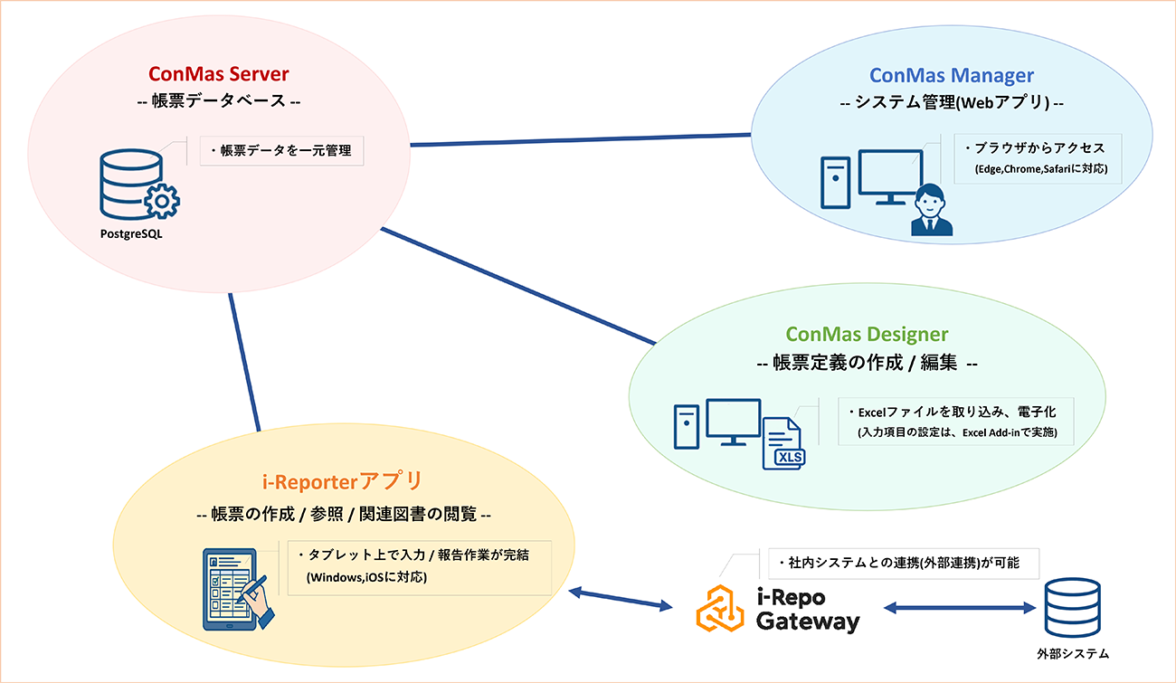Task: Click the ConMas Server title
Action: click(x=218, y=73)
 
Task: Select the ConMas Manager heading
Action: click(x=952, y=75)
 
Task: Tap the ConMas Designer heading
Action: click(x=867, y=335)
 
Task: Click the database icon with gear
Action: click(x=138, y=186)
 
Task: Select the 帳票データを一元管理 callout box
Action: click(x=281, y=151)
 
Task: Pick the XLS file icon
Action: click(x=783, y=442)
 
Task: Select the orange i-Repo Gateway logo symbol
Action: click(x=720, y=609)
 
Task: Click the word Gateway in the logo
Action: click(x=807, y=622)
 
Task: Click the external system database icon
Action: click(x=1072, y=607)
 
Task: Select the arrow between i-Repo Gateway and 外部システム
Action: click(x=960, y=608)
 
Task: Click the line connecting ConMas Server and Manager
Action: click(x=579, y=140)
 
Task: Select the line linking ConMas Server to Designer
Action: click(x=516, y=286)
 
